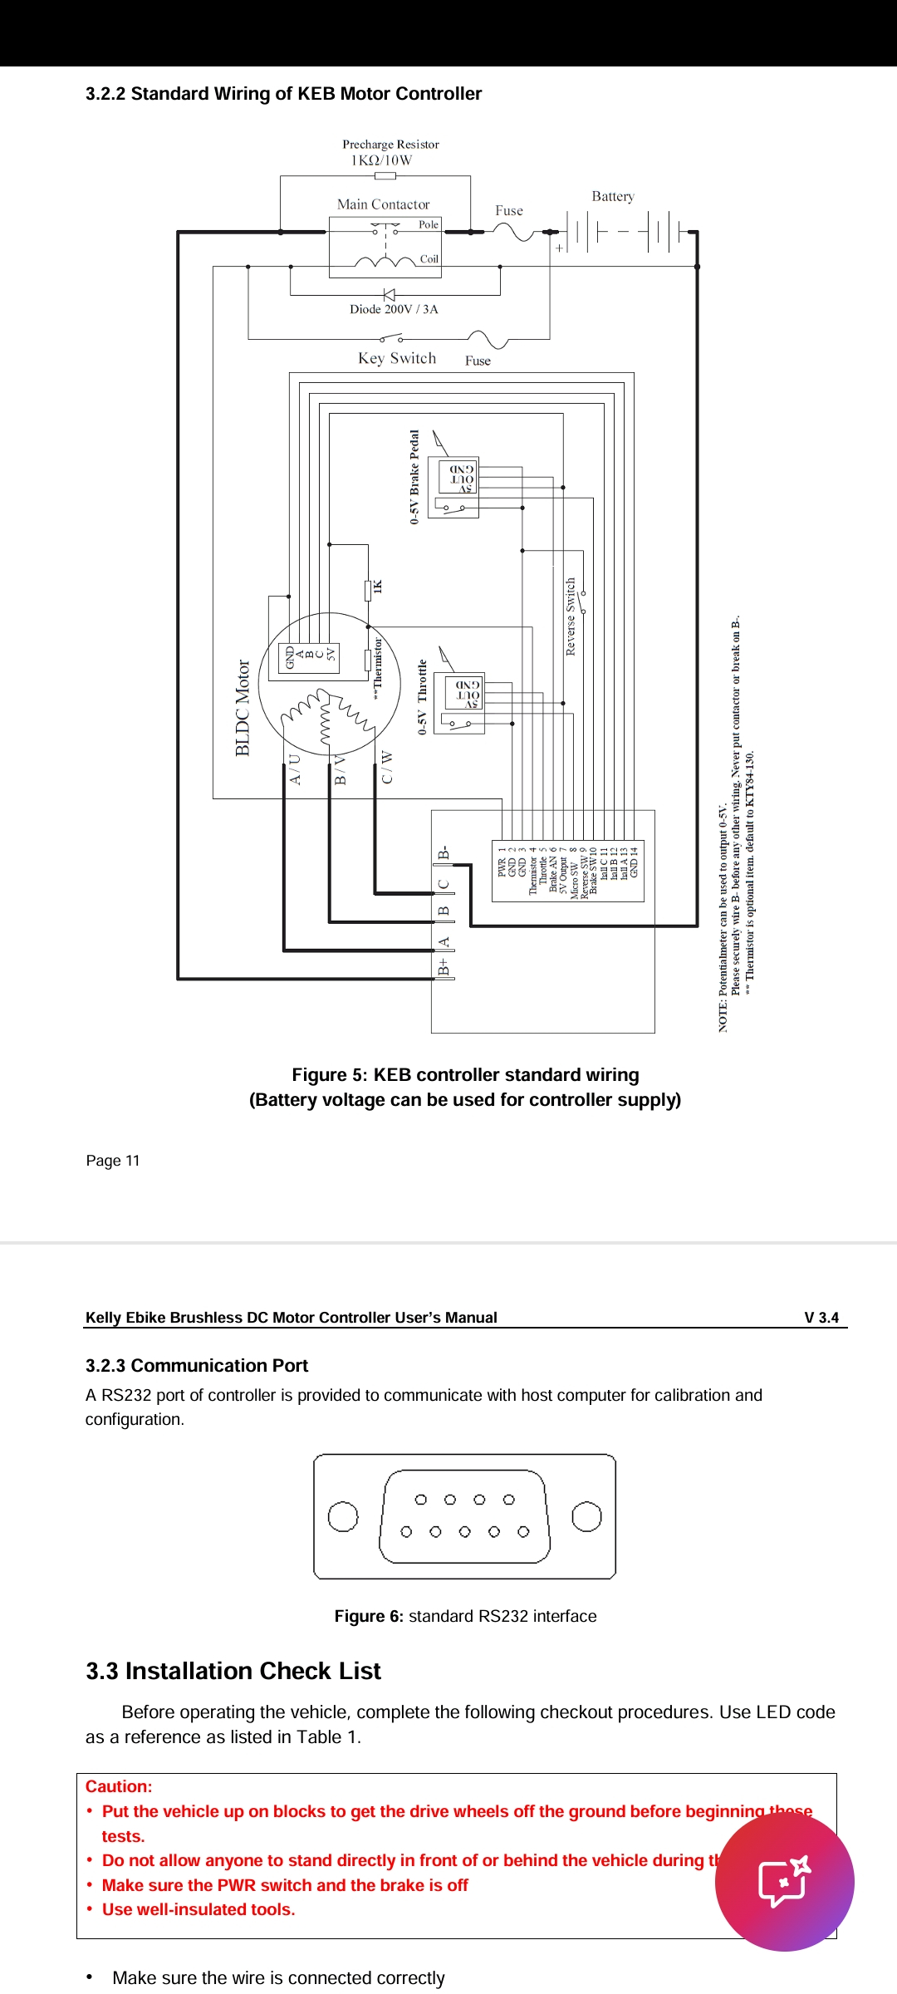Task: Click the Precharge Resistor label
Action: pos(390,145)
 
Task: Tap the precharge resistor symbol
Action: pos(385,176)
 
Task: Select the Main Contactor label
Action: pos(383,204)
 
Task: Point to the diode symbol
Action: pos(388,294)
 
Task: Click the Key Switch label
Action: pos(397,358)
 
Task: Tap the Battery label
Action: pos(613,197)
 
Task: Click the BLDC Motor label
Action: pos(243,708)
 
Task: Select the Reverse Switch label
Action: pos(571,616)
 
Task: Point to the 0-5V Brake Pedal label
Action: pos(414,477)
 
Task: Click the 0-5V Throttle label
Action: pos(423,697)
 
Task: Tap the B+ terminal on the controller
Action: pos(444,967)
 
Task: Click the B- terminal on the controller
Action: pos(444,853)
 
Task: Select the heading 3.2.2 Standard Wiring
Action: pos(283,94)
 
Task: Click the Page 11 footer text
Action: pos(113,1161)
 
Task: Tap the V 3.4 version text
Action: pos(821,1318)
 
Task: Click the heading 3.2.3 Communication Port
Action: pos(197,1366)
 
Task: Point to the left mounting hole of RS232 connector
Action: pos(343,1516)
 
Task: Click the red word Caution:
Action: pos(119,1786)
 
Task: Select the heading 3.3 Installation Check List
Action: pos(233,1672)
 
